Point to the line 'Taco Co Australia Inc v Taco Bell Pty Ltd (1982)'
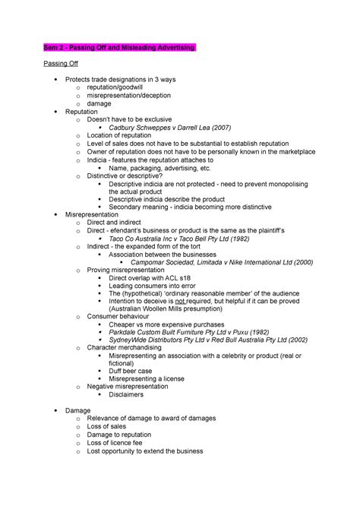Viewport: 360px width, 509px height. point(190,238)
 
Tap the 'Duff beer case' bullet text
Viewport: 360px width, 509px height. point(130,370)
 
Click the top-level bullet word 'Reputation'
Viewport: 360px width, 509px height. point(82,112)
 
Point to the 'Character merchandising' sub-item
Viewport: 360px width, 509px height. point(124,347)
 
